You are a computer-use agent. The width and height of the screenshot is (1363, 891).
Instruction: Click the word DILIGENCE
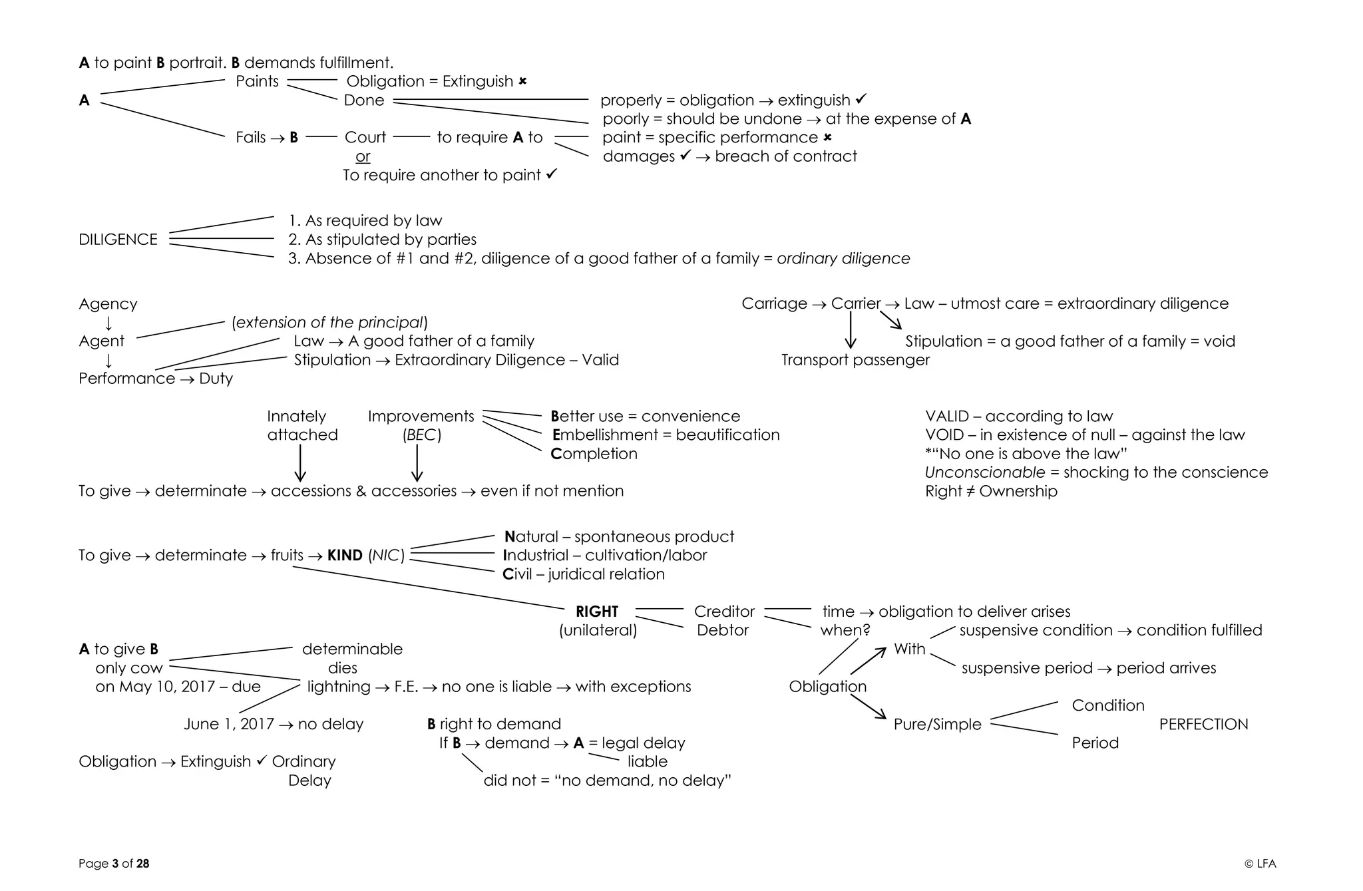(118, 240)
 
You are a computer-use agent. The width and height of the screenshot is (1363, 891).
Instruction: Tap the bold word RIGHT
(597, 612)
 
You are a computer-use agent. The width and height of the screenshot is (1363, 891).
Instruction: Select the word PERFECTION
(1203, 724)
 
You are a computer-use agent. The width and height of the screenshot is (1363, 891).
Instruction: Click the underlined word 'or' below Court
(363, 156)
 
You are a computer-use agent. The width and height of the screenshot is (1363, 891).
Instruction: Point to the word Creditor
(724, 612)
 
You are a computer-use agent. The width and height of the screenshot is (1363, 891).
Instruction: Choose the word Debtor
(723, 630)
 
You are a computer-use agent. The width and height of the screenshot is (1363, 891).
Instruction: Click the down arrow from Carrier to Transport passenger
(851, 330)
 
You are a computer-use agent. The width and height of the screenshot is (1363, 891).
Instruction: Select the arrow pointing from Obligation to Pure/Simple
(869, 706)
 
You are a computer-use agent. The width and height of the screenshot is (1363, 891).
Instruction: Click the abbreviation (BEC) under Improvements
(421, 435)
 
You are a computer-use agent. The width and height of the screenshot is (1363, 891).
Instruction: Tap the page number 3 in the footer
(115, 864)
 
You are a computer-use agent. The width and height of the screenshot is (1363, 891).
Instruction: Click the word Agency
(108, 304)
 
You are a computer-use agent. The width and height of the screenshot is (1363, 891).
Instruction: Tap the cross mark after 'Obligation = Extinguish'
(522, 81)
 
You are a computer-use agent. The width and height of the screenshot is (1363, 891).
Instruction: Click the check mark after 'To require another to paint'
(551, 174)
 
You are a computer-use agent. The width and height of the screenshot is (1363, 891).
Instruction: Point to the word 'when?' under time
(845, 630)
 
